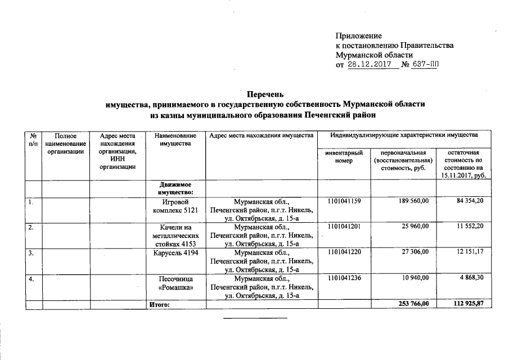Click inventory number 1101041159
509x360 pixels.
pyautogui.click(x=344, y=201)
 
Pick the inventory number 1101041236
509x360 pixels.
pyautogui.click(x=344, y=278)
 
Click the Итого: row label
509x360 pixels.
pyautogui.click(x=159, y=304)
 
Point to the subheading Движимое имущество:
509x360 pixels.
pyautogui.click(x=173, y=188)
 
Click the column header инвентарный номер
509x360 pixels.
pyautogui.click(x=344, y=157)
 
